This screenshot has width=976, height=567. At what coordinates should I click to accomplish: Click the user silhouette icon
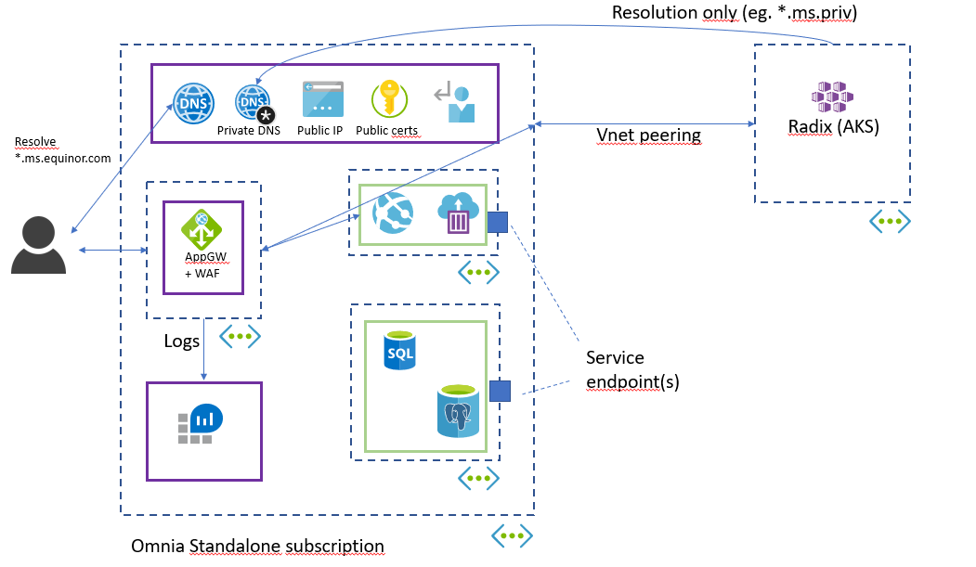[x=39, y=245]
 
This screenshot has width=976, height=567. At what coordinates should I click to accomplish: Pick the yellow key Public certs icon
[x=389, y=99]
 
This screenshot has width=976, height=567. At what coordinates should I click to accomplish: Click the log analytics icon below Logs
[x=198, y=425]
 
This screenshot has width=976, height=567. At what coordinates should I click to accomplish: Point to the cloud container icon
[x=457, y=213]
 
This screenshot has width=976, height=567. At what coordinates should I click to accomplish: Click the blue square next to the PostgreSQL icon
[x=500, y=391]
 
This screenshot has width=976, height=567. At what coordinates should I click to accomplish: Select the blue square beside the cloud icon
[x=498, y=222]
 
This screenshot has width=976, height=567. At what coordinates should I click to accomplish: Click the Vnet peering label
[x=648, y=135]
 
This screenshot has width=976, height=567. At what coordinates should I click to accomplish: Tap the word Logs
[x=182, y=341]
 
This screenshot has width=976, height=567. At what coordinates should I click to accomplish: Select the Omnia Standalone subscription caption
[x=257, y=547]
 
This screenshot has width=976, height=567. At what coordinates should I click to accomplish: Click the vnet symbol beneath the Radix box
[x=890, y=221]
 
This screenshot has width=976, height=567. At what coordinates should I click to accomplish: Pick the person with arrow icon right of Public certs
[x=456, y=101]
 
